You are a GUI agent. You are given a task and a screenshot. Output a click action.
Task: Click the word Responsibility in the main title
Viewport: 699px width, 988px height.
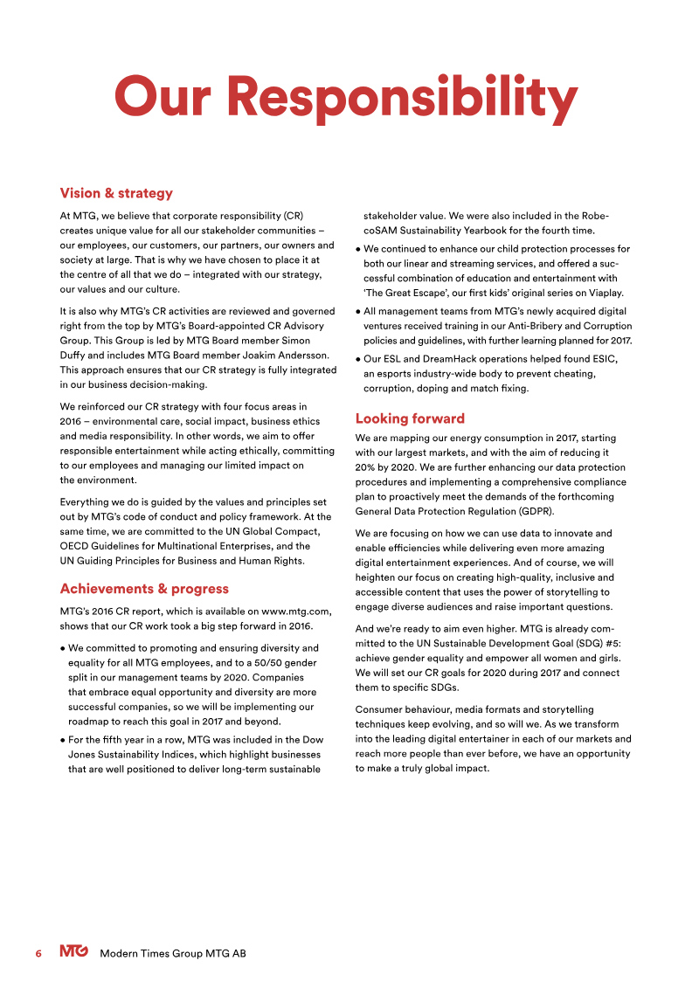point(408,98)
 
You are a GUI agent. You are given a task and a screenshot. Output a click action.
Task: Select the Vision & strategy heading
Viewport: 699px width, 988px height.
point(115,193)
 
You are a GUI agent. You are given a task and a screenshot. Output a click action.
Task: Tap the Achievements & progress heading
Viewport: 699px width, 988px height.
point(144,589)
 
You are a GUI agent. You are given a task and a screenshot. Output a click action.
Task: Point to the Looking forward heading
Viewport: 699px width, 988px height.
point(410,418)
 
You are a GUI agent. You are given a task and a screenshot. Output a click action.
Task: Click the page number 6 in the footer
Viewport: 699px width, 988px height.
point(38,953)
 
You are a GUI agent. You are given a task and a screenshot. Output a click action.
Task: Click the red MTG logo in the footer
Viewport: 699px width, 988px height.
point(73,952)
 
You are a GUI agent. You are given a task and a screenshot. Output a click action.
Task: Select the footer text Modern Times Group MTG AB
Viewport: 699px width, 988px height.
point(173,953)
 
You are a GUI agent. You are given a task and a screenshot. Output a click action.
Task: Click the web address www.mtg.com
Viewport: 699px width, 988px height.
point(295,611)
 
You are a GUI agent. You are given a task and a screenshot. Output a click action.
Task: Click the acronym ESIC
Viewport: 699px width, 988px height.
point(602,360)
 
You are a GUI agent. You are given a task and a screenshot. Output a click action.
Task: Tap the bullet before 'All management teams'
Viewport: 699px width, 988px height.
point(359,312)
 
